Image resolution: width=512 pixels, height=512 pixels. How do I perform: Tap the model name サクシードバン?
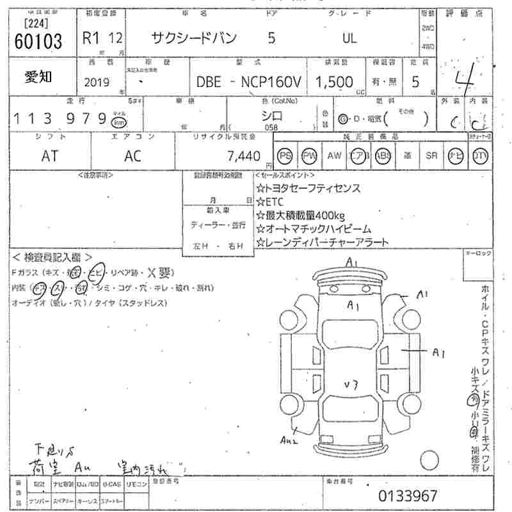pyautogui.click(x=193, y=38)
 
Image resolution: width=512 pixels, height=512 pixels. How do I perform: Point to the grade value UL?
pyautogui.click(x=349, y=38)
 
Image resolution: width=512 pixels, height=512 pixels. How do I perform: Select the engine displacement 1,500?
pyautogui.click(x=333, y=81)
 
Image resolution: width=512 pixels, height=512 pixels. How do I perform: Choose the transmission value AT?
pyautogui.click(x=49, y=156)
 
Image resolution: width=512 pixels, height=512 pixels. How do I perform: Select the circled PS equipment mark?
pyautogui.click(x=285, y=156)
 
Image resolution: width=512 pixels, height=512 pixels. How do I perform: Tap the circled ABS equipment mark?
pyautogui.click(x=383, y=156)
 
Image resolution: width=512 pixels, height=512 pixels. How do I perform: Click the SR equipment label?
pyautogui.click(x=431, y=156)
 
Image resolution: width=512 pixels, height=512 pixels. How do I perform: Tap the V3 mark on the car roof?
pyautogui.click(x=350, y=385)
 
